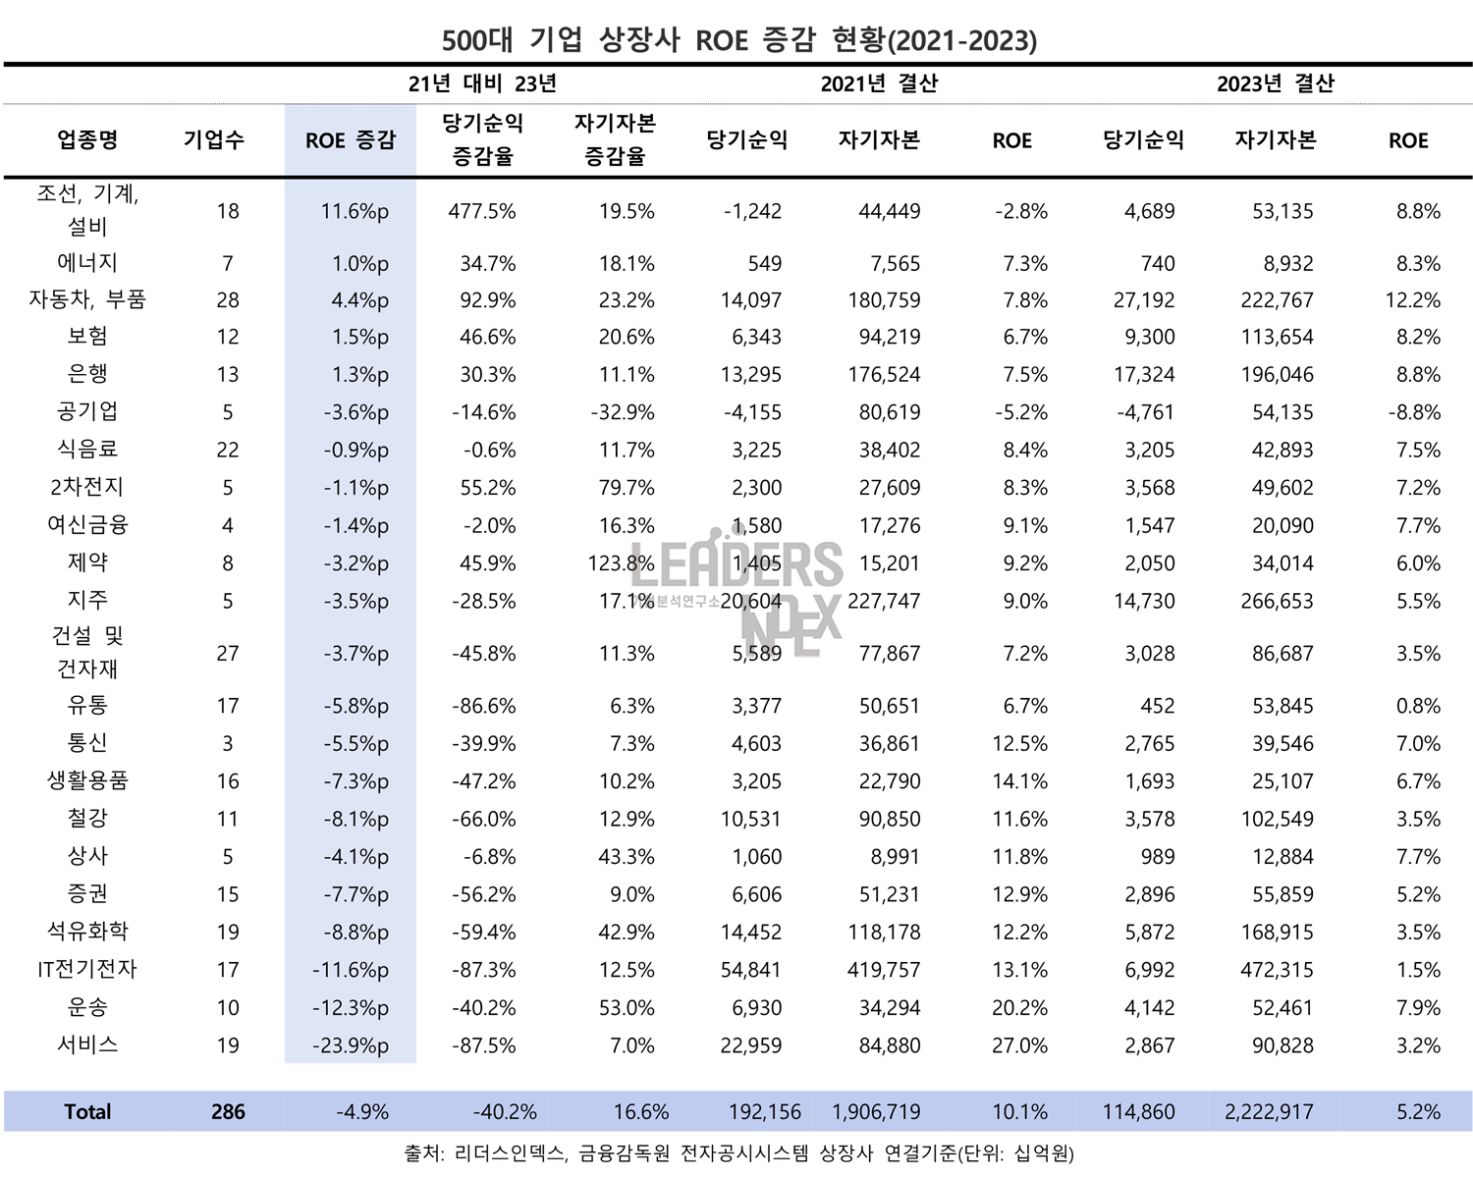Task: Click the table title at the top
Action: pos(738,40)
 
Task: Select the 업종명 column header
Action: pos(87,140)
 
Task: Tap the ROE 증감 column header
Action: pos(351,140)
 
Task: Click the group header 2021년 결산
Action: pos(879,83)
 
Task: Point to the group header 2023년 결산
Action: pos(1275,83)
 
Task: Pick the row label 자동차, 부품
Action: pos(87,299)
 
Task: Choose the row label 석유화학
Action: pos(87,931)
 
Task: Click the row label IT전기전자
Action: pos(87,969)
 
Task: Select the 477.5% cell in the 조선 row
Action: pos(482,211)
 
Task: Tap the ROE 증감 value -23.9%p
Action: pos(351,1045)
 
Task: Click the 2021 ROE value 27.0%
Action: pos(1019,1045)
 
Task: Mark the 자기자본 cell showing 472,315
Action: pos(1277,970)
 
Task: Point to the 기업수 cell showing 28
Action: pos(228,300)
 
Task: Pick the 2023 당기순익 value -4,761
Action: pos(1145,412)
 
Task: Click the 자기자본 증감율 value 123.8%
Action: pos(615,563)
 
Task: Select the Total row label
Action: pos(87,1111)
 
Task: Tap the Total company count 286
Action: pos(228,1111)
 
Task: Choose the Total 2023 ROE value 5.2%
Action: pos(1418,1112)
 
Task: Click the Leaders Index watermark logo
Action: pos(736,589)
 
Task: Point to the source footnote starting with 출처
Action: pos(738,1153)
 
